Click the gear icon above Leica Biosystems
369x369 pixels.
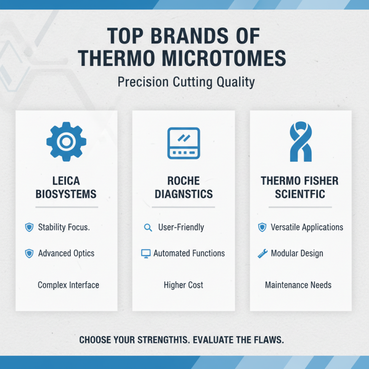tap(66, 141)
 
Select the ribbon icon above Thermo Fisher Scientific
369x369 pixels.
tap(300, 142)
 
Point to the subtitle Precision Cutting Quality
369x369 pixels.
tap(186, 83)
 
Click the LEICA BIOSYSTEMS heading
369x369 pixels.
tap(66, 187)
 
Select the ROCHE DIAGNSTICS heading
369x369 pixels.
tap(183, 187)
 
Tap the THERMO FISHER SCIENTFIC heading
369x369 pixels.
tap(300, 187)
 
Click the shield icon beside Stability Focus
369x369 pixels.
tap(29, 227)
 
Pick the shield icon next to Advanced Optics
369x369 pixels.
tap(29, 253)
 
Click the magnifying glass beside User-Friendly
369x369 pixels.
tap(148, 227)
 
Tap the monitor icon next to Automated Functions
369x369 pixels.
tap(146, 253)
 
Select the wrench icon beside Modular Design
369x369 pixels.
tap(262, 253)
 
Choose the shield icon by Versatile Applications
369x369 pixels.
tap(262, 227)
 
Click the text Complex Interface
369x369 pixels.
tap(68, 285)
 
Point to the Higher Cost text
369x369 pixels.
tap(183, 285)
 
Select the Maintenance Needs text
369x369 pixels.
tap(298, 285)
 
